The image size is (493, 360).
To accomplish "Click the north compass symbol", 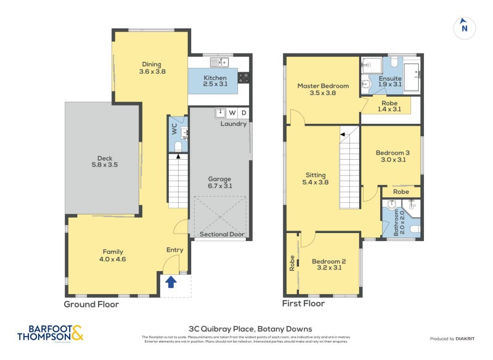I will pos(464,27).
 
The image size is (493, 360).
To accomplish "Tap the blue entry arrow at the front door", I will pos(171,282).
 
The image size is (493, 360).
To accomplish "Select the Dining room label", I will pos(151,68).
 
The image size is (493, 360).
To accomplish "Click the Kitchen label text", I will pos(215,81).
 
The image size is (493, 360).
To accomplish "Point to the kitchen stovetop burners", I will pos(243,78).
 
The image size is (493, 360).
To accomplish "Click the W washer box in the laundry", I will pos(232,113).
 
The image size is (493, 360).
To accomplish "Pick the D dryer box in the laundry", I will pos(244,113).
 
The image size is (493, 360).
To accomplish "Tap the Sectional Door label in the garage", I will pos(222,235).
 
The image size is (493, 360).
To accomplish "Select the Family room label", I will pos(113,256).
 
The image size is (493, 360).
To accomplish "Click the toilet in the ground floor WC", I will pos(177,146).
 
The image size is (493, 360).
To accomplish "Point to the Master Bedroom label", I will pos(323,89).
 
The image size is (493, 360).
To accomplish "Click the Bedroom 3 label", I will pos(391,157).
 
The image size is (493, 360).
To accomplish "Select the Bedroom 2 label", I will pos(328,264).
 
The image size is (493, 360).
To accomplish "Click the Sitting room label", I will pos(315,179).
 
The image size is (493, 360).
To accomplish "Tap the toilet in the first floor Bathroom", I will pos(415,229).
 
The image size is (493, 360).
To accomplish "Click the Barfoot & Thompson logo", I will pos(51,333).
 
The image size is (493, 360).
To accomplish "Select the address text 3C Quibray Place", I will pos(250,329).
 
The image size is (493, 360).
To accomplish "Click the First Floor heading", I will pos(304,304).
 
